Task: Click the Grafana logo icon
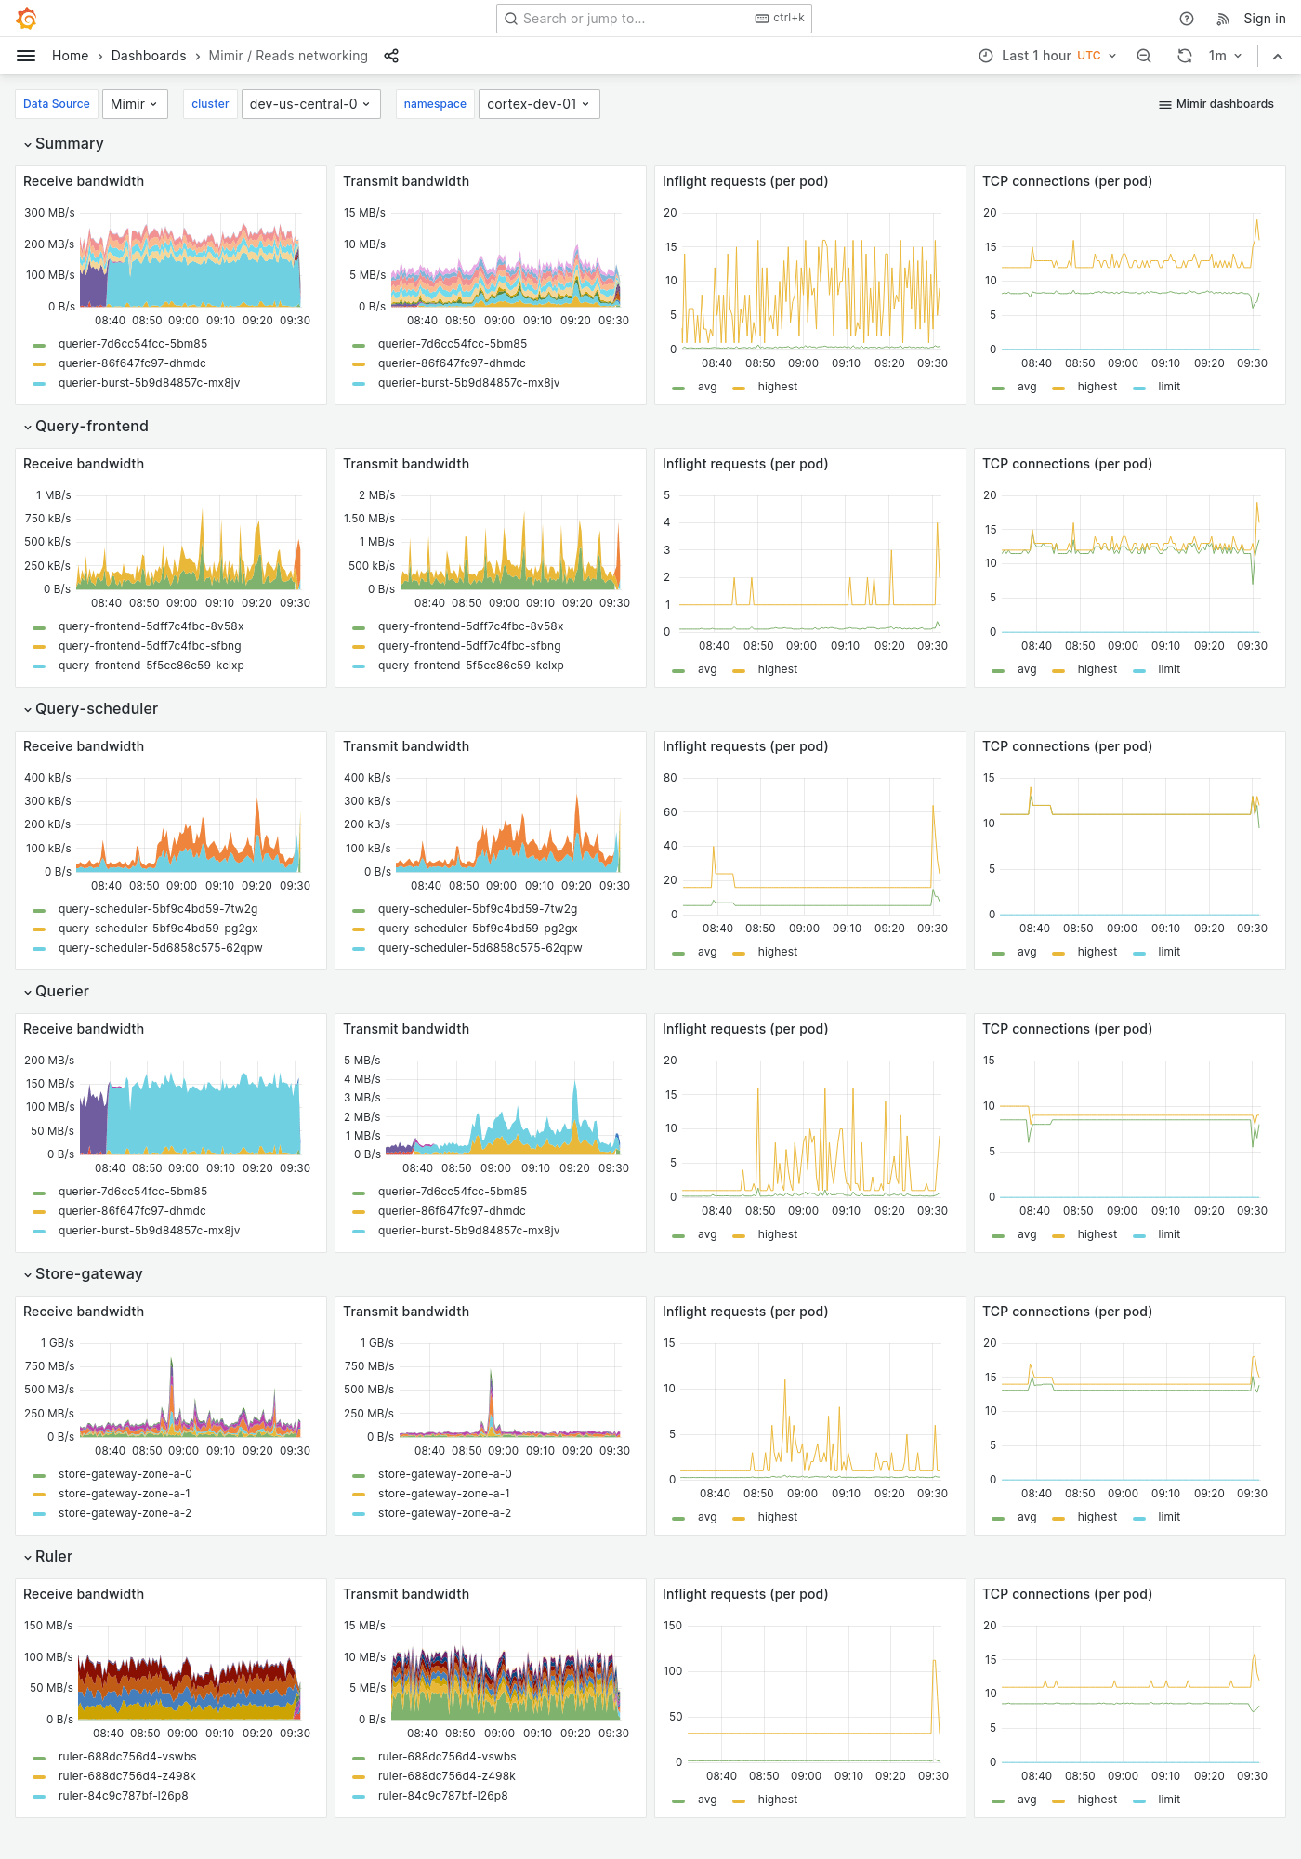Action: pos(27,19)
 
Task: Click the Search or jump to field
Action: pos(632,19)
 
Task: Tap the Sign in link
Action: pos(1264,19)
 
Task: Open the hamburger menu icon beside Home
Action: pos(26,56)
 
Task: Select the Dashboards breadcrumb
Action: pos(149,56)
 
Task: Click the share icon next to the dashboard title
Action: pos(391,56)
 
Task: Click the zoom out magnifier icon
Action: pos(1144,56)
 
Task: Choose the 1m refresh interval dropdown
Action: pos(1224,56)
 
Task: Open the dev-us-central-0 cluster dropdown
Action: pos(309,104)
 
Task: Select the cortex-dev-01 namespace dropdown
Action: pos(538,104)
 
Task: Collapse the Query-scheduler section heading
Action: pos(96,708)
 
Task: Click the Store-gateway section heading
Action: pos(88,1273)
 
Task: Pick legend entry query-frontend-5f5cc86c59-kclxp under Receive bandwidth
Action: pos(151,666)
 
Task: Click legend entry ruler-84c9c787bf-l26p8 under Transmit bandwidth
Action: pos(442,1796)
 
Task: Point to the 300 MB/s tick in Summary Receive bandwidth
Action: pos(49,213)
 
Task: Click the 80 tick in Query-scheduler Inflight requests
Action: pos(670,778)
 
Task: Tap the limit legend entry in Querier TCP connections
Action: pos(1168,1234)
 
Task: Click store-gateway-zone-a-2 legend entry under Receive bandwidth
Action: pos(125,1513)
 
